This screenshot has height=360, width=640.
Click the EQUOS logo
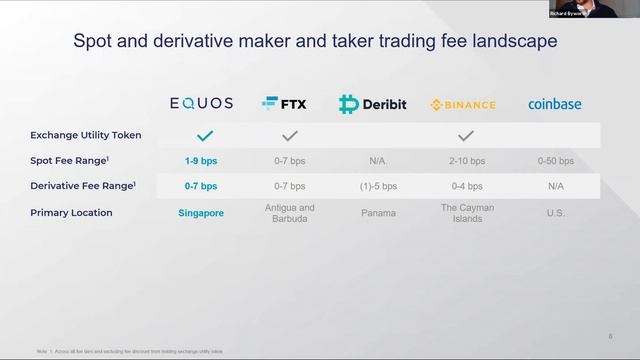click(202, 103)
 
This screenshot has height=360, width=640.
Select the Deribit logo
click(373, 104)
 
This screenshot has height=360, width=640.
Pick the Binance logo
click(463, 104)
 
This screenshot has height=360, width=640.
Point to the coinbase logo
click(554, 104)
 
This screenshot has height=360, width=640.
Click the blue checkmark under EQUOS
click(204, 135)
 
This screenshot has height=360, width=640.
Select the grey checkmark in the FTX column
click(290, 135)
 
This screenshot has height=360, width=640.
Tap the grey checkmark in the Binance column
click(465, 135)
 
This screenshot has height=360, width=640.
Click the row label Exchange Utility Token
click(86, 135)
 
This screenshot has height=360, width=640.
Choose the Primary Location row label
click(71, 213)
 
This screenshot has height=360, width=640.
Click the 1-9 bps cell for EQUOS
click(202, 160)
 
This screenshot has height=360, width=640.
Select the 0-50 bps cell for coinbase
click(554, 160)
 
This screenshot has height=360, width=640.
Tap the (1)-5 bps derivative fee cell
click(378, 186)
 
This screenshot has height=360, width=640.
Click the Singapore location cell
click(202, 213)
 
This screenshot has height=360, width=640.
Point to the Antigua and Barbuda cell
click(293, 213)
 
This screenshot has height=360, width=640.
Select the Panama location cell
click(378, 213)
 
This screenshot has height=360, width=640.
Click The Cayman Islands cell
click(466, 213)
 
